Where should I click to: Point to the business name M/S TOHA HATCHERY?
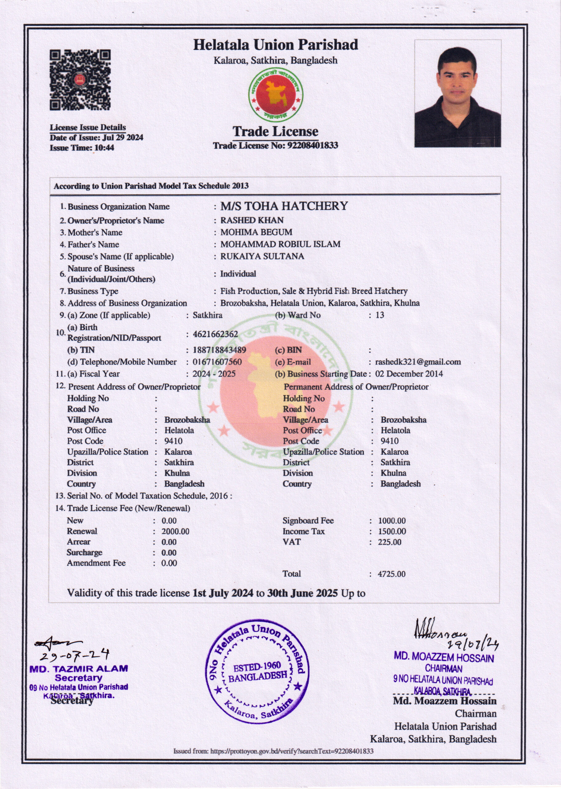pyautogui.click(x=284, y=206)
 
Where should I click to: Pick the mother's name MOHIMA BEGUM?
pyautogui.click(x=256, y=232)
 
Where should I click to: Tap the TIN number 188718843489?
pyautogui.click(x=219, y=350)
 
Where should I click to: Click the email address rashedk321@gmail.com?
pyautogui.click(x=418, y=362)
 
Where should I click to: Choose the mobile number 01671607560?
pyautogui.click(x=217, y=362)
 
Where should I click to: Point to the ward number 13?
pyautogui.click(x=380, y=315)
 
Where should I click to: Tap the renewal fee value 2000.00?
pyautogui.click(x=175, y=531)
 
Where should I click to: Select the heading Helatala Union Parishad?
pyautogui.click(x=275, y=45)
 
